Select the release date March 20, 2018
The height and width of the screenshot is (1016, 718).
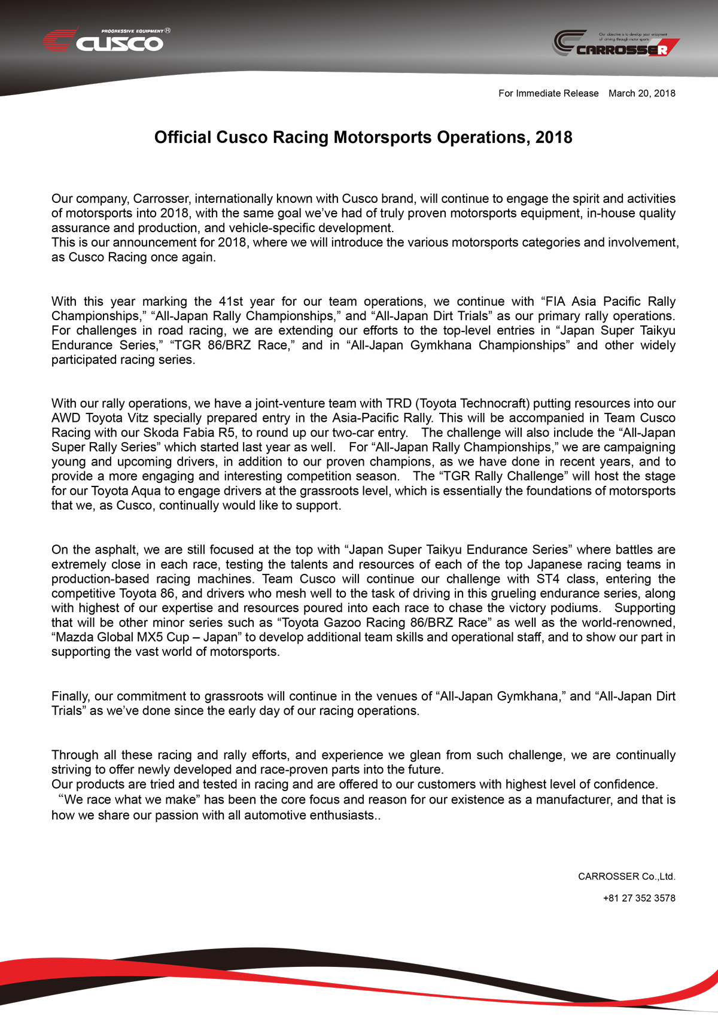click(x=641, y=93)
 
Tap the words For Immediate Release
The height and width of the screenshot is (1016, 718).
click(x=548, y=93)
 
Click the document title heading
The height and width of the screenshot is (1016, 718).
click(x=363, y=138)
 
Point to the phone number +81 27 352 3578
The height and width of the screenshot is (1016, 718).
click(x=639, y=898)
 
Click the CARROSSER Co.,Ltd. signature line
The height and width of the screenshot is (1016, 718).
click(x=626, y=877)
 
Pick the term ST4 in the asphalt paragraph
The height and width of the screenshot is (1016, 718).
click(x=547, y=579)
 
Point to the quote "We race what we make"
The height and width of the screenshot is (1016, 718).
click(x=129, y=800)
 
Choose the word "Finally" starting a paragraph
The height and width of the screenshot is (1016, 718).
click(x=71, y=696)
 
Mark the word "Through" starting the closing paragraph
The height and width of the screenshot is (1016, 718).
click(x=75, y=755)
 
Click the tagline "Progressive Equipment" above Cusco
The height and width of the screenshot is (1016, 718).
click(x=132, y=31)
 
